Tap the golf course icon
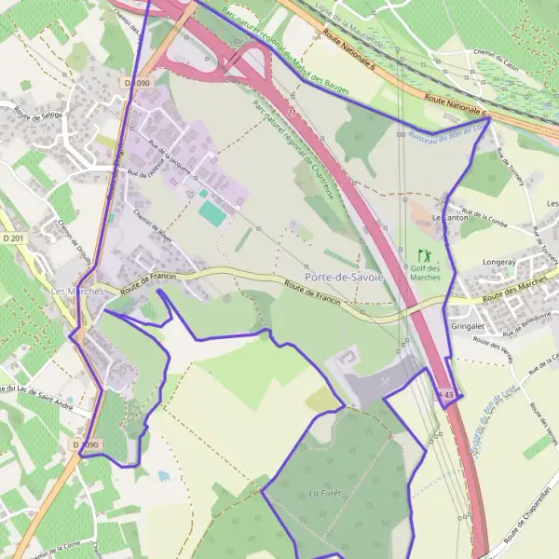tap(425, 255)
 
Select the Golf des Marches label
tap(425, 272)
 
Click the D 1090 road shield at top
tap(136, 83)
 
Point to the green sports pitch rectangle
tap(211, 212)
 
